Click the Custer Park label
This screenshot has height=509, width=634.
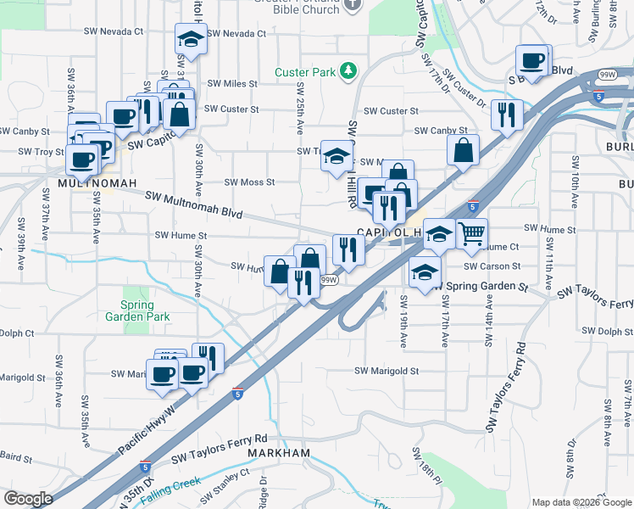(306, 73)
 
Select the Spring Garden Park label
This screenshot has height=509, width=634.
(138, 310)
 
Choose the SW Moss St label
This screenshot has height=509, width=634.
(249, 182)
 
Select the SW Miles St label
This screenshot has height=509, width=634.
(231, 83)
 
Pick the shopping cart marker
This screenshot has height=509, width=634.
(472, 232)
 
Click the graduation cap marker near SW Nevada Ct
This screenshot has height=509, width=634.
(191, 39)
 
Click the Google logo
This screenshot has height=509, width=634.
(28, 499)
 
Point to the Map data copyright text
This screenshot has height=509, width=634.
(581, 502)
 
